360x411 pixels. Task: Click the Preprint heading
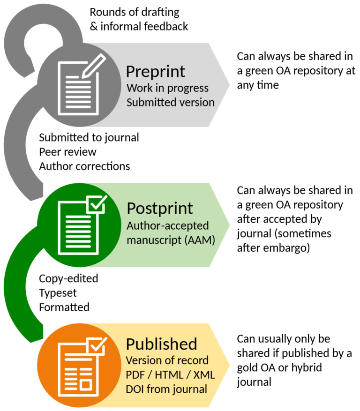tap(156, 71)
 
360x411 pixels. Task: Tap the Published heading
tap(161, 344)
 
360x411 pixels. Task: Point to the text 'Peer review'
tap(67, 152)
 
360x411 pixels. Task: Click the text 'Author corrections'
tap(84, 166)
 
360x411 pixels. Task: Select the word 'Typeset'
tap(58, 293)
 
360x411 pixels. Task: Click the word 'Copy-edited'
tap(68, 278)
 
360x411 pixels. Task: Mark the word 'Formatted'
tap(64, 307)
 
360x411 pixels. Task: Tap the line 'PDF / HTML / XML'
tap(170, 375)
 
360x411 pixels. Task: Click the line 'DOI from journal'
tap(166, 389)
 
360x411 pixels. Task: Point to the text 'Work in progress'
tap(167, 88)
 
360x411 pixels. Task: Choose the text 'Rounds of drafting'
tap(135, 12)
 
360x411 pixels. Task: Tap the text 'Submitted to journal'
tap(89, 138)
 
